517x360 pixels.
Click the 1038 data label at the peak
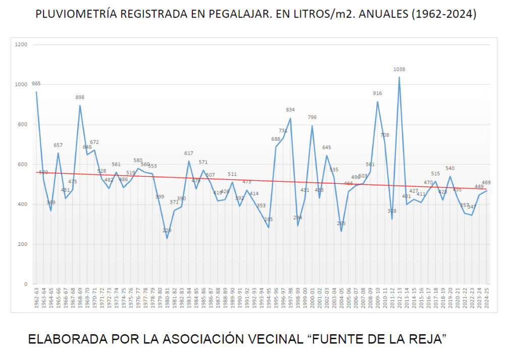(399, 70)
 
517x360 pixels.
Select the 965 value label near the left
(36, 84)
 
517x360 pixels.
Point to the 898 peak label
(80, 97)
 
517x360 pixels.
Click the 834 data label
(290, 110)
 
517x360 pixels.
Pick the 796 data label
(312, 118)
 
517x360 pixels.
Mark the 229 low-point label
(167, 231)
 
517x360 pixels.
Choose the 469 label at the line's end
(486, 183)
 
